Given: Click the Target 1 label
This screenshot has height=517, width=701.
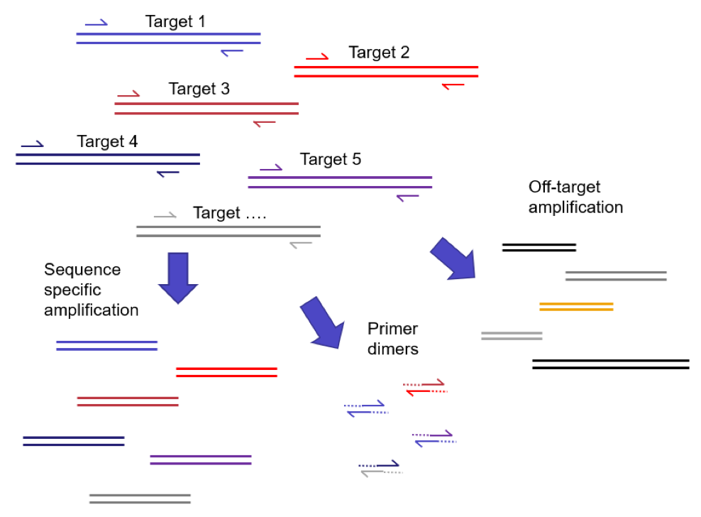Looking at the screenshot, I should coord(175,22).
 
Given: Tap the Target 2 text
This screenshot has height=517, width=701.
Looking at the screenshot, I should coord(379,53).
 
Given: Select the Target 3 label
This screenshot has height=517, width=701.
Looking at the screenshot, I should coord(199,89).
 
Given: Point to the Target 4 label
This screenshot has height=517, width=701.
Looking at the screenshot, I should coord(107,141).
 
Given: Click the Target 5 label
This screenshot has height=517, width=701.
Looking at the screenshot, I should coord(331,160).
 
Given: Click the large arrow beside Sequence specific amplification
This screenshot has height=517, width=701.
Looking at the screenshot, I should coord(177,278).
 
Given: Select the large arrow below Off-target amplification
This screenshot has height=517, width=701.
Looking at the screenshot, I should coord(452,258).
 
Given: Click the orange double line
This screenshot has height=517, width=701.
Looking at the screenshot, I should coord(575,307).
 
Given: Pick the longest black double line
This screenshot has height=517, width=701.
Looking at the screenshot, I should coord(610,364).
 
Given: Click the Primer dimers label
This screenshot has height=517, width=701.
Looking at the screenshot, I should coord(392,339).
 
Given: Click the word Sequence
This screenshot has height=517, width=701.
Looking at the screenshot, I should coord(82,270).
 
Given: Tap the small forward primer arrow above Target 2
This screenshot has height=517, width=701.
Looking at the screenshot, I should coord(317,57).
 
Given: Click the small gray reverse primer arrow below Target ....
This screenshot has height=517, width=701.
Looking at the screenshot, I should coord(301,245).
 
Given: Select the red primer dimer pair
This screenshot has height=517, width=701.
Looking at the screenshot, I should coord(425,387).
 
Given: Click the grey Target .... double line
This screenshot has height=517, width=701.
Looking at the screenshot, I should coord(228,232).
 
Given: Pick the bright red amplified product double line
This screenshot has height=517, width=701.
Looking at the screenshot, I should coord(226,372).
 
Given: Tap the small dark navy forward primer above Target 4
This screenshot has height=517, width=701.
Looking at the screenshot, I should coord(32,144).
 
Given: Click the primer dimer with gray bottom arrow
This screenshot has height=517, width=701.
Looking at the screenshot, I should coord(381,469).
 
